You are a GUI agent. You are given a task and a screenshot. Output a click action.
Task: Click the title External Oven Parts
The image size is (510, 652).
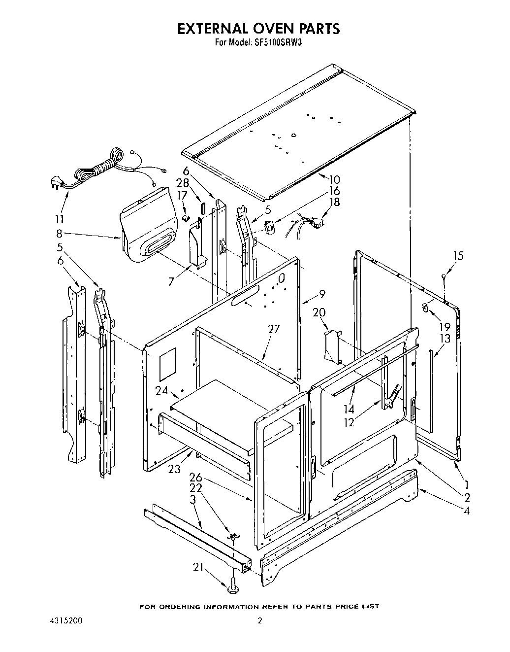258,29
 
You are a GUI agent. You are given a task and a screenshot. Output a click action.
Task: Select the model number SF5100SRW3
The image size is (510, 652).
278,43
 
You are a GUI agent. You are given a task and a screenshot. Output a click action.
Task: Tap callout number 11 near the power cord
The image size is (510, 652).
59,218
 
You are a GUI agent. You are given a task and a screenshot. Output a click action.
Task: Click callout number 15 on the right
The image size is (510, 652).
458,256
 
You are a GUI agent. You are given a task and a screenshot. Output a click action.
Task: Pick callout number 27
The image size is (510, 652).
274,329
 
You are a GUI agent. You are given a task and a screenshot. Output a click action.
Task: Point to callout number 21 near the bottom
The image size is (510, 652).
198,567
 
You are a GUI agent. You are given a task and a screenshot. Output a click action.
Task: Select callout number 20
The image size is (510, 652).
319,312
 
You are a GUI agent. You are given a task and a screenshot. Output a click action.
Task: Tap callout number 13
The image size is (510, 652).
445,338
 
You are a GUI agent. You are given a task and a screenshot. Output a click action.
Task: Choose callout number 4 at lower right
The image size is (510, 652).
466,511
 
